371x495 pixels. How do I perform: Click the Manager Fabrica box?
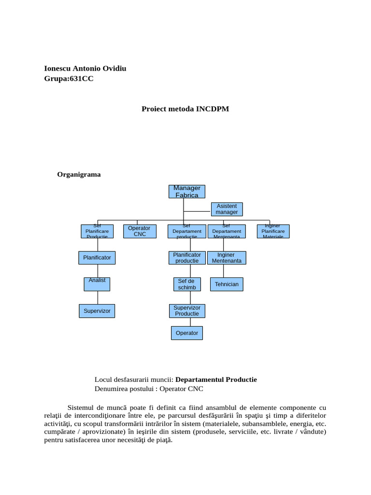coord(186,191)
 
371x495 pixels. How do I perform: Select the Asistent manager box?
coord(227,209)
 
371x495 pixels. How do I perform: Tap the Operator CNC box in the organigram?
coord(139,231)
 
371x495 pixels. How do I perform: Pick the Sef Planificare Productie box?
coord(97,231)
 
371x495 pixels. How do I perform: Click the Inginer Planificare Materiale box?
coord(273,231)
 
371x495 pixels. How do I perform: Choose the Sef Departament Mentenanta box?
coord(227,231)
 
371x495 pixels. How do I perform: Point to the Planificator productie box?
coord(186,258)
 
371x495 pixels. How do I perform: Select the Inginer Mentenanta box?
coord(226,258)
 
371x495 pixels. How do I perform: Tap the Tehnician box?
coord(227,284)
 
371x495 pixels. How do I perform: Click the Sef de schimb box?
coord(186,284)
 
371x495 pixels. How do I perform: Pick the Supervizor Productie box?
coord(187,311)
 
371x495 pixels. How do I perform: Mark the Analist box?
coord(97,284)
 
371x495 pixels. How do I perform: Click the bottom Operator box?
coord(187,333)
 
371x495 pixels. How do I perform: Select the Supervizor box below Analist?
coord(97,311)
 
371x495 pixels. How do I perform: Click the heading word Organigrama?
coord(79,175)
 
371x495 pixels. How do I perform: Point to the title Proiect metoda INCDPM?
coord(185,109)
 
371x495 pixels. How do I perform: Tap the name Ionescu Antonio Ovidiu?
coord(85,68)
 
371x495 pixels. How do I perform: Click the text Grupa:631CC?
coord(69,79)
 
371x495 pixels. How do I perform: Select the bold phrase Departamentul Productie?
coord(216,379)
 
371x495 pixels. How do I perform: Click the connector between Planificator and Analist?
coord(98,271)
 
